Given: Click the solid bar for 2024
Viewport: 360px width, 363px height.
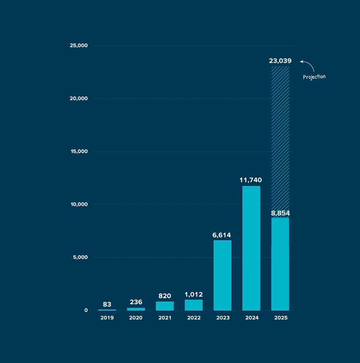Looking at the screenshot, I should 251,248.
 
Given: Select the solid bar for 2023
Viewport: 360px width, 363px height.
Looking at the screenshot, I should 222,275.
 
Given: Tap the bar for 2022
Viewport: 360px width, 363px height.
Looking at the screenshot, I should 194,305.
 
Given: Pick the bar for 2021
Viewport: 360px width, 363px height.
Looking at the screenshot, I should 165,306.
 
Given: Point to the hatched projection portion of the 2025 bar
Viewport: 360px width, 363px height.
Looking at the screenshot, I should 280,140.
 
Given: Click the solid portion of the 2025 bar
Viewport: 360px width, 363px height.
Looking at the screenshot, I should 280,264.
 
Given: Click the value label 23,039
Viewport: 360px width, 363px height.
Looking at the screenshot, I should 280,61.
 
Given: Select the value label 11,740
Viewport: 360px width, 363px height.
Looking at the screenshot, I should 251,180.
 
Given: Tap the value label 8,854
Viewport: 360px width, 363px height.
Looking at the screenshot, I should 280,213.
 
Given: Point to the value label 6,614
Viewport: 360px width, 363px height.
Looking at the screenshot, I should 222,235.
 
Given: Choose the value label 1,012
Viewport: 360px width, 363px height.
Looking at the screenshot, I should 194,295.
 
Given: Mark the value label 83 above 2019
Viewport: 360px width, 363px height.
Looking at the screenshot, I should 107,305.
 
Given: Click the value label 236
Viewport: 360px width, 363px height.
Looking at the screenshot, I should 136,302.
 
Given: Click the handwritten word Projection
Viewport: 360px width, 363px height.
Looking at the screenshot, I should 314,77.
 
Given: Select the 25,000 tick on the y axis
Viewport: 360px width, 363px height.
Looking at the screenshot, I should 78,46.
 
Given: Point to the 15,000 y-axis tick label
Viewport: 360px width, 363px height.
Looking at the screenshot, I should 78,152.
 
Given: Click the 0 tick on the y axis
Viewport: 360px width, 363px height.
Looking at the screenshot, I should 86,310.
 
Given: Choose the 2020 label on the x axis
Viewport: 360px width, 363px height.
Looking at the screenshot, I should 136,318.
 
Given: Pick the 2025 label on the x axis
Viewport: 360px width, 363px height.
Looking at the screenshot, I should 280,318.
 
